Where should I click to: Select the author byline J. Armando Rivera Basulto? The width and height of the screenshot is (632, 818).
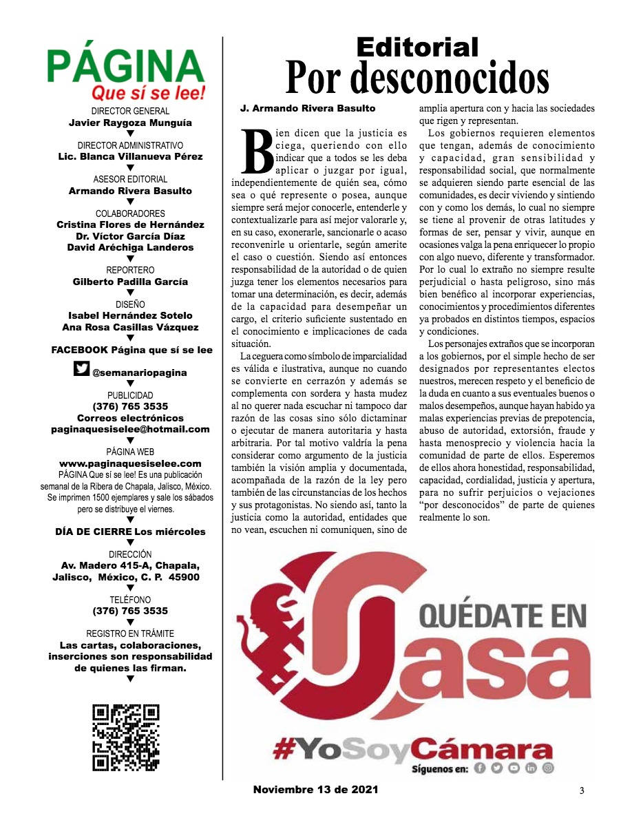coord(308,109)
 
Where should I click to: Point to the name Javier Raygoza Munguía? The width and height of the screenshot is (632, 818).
coord(130,123)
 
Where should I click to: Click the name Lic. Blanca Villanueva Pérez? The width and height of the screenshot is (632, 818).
coord(130,157)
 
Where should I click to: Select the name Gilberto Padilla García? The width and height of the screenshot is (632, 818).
coord(130,282)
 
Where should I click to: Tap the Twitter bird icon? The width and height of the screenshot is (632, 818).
coord(81,370)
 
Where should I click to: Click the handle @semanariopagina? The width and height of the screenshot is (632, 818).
coord(139,373)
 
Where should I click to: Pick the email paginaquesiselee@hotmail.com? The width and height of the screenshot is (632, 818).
coord(130,429)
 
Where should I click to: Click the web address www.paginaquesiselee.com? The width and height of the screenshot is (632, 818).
coord(130,463)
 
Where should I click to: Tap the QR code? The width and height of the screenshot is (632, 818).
coord(126,737)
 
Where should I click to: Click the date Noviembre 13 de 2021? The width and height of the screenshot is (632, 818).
coord(315,789)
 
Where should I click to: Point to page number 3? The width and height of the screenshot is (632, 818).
coord(582,790)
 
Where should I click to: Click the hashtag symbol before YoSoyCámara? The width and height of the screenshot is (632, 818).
coord(286,749)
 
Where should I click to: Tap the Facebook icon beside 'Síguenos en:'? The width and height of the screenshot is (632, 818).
coord(480,768)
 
